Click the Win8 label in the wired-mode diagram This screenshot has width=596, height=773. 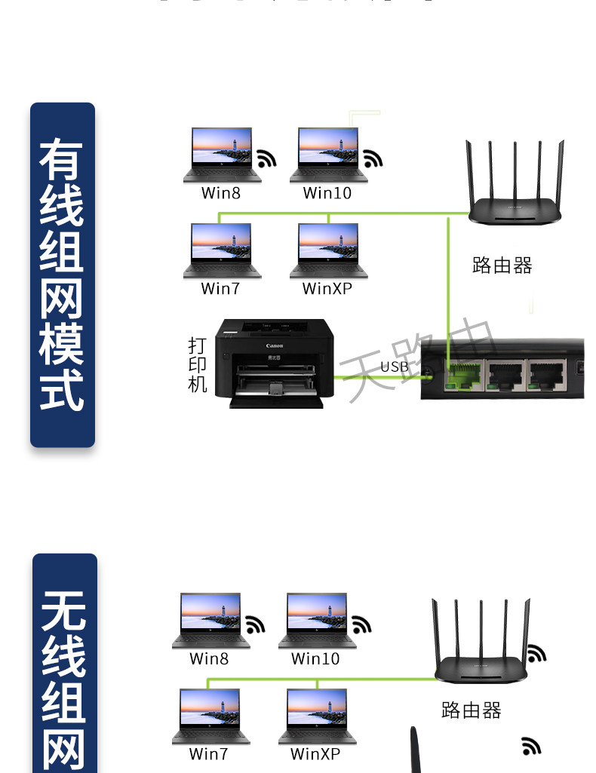[220, 193]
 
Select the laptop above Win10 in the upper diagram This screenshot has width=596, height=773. [328, 155]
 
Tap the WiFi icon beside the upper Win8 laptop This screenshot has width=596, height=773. [266, 158]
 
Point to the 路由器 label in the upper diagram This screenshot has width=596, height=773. [502, 265]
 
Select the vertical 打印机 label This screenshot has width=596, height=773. [197, 365]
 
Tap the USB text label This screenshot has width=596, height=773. [394, 367]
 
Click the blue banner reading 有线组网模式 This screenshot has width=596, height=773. [63, 275]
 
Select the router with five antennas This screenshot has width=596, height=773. [515, 185]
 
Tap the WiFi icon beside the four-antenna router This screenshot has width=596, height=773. [536, 652]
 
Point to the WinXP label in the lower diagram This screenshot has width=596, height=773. [315, 754]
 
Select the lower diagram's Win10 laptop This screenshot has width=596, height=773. [317, 621]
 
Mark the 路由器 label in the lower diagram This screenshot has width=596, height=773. [471, 710]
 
